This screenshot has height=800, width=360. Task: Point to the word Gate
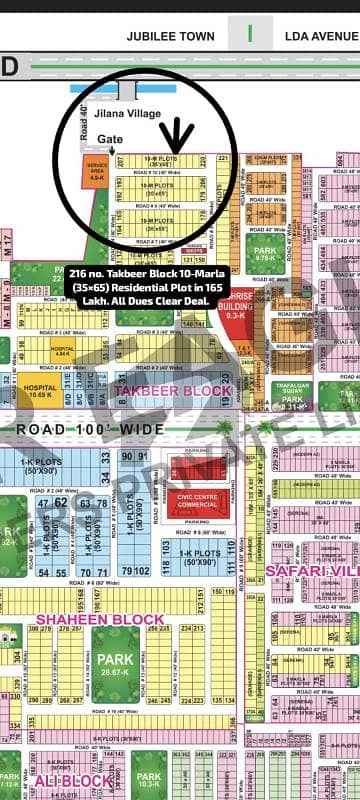[111, 141]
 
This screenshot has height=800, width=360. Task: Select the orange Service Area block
[97, 172]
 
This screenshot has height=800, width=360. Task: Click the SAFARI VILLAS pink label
[311, 571]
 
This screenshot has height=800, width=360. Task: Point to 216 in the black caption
[80, 272]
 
